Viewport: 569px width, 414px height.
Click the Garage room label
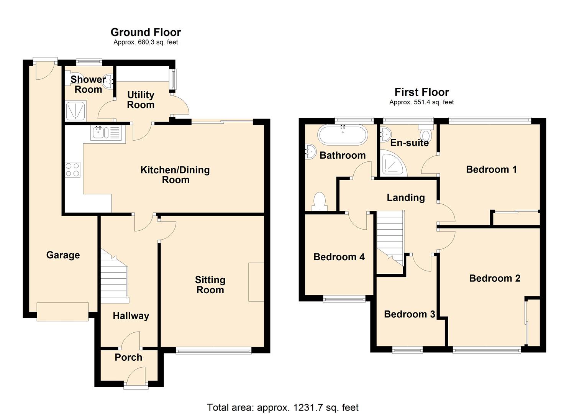63,255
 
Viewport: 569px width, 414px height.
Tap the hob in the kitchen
73,170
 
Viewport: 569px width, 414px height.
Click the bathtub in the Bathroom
342,135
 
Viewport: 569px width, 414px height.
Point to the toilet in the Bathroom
319,202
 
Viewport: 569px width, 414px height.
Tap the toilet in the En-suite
426,135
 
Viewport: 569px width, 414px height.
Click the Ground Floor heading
146,32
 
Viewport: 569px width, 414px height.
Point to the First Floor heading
421,92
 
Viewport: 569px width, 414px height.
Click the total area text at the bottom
283,407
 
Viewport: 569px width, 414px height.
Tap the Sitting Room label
210,285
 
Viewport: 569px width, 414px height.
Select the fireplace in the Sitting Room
256,282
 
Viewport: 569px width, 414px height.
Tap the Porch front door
136,383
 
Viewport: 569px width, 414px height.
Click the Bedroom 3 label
409,314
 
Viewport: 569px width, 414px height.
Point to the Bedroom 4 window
344,299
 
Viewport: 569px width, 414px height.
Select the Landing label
405,197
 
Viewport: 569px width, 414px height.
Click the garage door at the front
63,311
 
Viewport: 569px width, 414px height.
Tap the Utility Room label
141,100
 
